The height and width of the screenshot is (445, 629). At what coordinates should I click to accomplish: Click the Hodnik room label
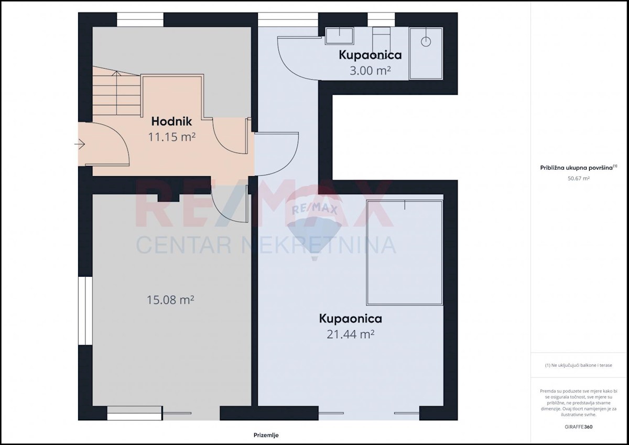click(171, 122)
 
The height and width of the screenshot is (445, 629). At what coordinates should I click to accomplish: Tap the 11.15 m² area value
click(171, 137)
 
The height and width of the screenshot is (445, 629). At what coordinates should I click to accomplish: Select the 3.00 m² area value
click(370, 71)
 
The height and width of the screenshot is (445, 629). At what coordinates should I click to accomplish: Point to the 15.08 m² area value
click(170, 300)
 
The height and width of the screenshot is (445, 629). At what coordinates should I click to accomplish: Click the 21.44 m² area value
click(351, 334)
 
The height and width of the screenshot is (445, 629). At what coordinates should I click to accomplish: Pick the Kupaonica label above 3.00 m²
click(370, 55)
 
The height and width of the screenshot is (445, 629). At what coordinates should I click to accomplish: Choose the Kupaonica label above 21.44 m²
click(351, 319)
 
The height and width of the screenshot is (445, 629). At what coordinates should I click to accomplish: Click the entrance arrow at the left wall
click(80, 144)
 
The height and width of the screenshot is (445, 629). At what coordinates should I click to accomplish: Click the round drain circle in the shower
click(426, 42)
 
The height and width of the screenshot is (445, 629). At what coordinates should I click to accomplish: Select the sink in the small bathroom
click(339, 36)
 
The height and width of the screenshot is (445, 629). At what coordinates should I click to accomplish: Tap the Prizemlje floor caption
click(266, 435)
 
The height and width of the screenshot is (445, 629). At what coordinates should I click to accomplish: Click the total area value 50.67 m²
click(579, 178)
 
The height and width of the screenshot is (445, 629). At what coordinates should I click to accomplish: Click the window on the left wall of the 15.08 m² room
click(85, 311)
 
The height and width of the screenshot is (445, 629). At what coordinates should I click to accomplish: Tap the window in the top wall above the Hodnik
click(140, 19)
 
